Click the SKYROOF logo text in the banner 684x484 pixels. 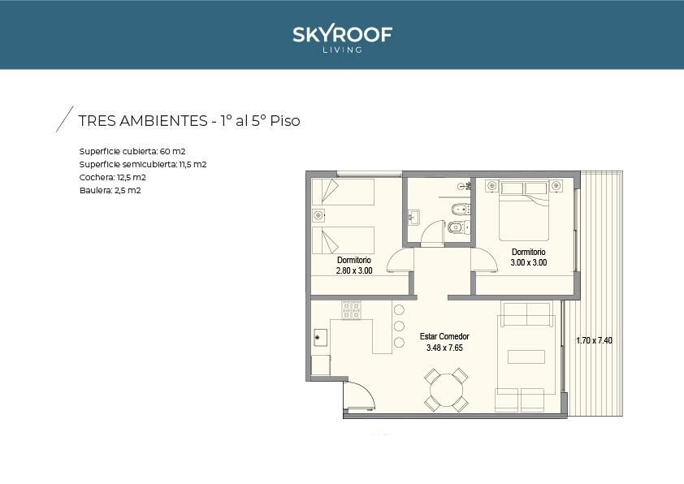[343, 34]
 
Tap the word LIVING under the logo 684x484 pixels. [343, 50]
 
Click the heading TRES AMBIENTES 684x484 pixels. [143, 121]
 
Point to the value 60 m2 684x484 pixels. [173, 151]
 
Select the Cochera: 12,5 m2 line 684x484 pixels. [113, 178]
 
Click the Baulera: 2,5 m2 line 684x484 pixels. [110, 191]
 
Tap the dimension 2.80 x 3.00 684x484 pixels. [354, 270]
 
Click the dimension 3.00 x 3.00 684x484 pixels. [529, 262]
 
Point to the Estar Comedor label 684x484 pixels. [444, 336]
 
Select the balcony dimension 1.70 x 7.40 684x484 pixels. [594, 340]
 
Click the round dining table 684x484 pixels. [446, 390]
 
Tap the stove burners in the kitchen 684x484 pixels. [351, 310]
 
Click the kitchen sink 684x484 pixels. [321, 338]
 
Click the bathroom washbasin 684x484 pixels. [413, 217]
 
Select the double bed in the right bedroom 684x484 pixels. [524, 211]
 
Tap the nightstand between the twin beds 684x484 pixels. [318, 215]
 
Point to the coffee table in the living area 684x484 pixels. [526, 357]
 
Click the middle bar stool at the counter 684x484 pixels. [399, 326]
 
